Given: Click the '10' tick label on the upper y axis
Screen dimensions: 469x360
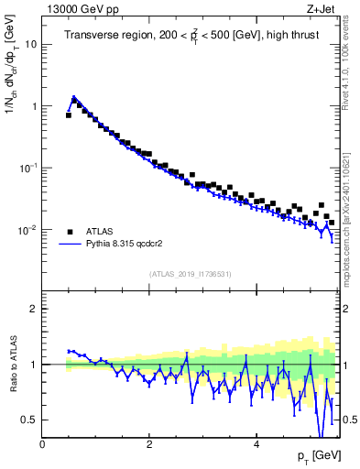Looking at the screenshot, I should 31,44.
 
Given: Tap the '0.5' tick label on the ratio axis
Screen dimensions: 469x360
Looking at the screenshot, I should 30,420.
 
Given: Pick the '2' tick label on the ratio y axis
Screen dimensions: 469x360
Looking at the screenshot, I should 35,309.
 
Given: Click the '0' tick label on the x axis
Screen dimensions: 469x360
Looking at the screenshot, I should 42,444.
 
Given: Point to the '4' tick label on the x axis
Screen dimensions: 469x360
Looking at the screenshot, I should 256,444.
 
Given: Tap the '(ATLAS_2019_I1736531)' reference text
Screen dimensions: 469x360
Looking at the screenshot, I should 191,273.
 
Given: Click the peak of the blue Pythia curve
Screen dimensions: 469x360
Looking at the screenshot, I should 74,96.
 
